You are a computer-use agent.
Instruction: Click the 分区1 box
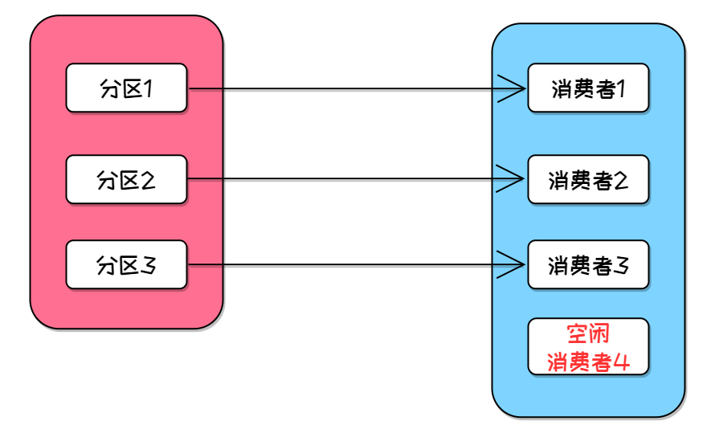[x=126, y=88]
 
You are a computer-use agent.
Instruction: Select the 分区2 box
[x=126, y=179]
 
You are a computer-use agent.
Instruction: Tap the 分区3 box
[x=126, y=264]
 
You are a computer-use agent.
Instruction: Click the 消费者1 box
[x=588, y=88]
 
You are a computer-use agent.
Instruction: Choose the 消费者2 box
[x=588, y=179]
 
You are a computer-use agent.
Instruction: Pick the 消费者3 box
[x=588, y=264]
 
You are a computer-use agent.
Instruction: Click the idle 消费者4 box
[x=588, y=346]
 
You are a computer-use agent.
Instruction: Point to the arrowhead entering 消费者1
[x=514, y=88]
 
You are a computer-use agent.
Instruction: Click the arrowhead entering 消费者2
[x=514, y=179]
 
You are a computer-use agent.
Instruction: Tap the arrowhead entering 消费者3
[x=514, y=265]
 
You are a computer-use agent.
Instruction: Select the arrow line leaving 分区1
[x=345, y=88]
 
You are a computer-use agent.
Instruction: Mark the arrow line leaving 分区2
[x=345, y=179]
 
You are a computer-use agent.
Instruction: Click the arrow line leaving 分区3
[x=345, y=265]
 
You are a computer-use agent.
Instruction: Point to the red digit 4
[x=619, y=362]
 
